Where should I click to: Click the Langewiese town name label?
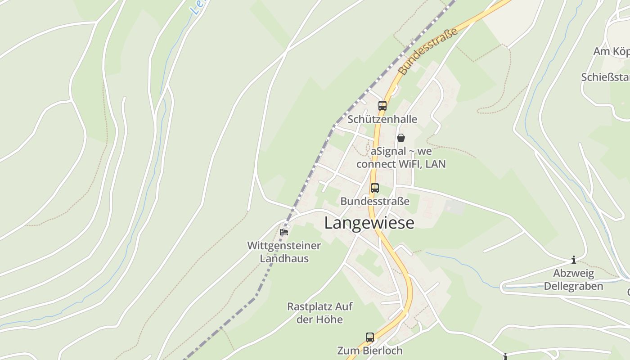coord(369,223)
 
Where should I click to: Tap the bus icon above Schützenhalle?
coord(382,106)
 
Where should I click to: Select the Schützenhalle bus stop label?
coord(382,119)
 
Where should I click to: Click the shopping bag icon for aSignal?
coord(401,138)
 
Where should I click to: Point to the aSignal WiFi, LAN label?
coord(401,157)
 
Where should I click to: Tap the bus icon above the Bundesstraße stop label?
coord(375,188)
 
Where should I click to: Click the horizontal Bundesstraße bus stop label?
coord(375,201)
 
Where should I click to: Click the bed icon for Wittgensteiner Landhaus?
coord(284,232)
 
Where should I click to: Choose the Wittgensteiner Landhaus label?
coord(284,252)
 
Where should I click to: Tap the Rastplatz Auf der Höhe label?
coord(320,313)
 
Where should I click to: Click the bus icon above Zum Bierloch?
coord(370,337)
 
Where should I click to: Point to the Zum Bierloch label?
coord(370,350)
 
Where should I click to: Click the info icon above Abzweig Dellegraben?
coord(574,260)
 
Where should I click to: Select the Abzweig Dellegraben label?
coord(574,279)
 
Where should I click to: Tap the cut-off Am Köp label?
coord(611,51)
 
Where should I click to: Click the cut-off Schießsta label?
coord(605,77)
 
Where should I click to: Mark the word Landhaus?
coord(284,258)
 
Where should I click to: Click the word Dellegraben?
coord(574,286)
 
